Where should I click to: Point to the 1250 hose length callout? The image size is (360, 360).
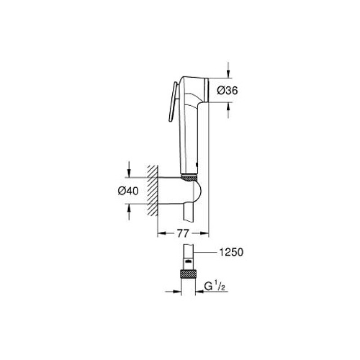231,252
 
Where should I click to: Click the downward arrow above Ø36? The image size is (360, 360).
228,72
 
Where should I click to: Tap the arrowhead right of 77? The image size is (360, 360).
207,233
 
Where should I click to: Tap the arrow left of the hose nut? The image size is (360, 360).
176,291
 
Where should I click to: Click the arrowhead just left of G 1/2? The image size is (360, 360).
199,291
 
